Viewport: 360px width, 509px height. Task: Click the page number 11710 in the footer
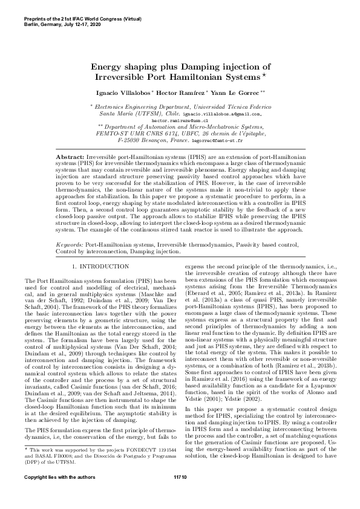[x=180, y=494]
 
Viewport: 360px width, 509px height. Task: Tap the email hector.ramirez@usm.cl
[x=180, y=120]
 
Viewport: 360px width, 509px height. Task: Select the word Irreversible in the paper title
[x=123, y=78]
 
